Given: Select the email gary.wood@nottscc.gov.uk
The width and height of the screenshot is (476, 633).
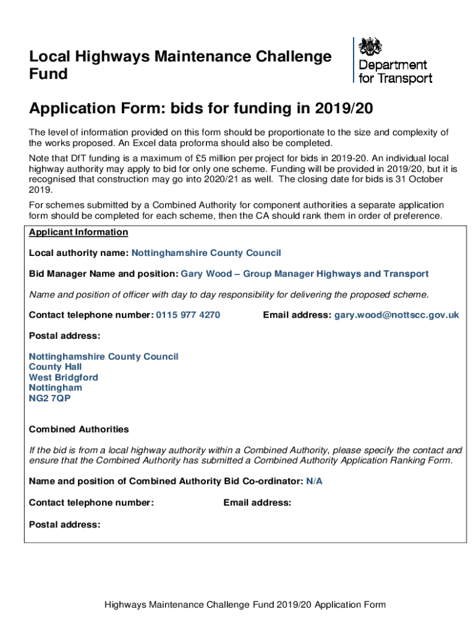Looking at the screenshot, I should (397, 315).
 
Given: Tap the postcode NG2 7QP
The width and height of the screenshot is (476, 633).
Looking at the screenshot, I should (49, 398).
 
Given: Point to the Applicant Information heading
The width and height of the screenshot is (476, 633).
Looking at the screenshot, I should (79, 232).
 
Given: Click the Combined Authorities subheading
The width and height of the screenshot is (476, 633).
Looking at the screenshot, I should (79, 429).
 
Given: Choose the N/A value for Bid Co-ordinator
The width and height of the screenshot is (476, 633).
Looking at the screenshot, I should (314, 482).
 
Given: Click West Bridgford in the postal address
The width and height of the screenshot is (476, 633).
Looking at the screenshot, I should (63, 377).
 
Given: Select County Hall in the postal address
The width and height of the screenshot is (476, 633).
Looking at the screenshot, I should (55, 367).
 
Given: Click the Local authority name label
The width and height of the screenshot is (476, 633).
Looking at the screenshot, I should (79, 253).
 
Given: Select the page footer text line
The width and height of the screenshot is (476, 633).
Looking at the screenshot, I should (245, 604).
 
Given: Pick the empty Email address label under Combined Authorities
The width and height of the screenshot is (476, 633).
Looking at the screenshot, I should (257, 503).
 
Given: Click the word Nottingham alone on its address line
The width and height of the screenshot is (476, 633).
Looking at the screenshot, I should (55, 388).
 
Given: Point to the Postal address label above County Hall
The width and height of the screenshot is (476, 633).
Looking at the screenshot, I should (64, 336).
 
